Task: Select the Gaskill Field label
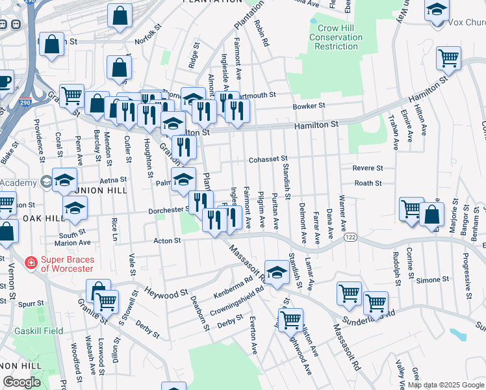click(39, 331)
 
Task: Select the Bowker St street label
click(308, 106)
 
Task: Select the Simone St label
click(428, 279)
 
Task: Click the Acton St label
click(166, 241)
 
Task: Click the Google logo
click(21, 382)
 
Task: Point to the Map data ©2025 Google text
click(446, 385)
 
